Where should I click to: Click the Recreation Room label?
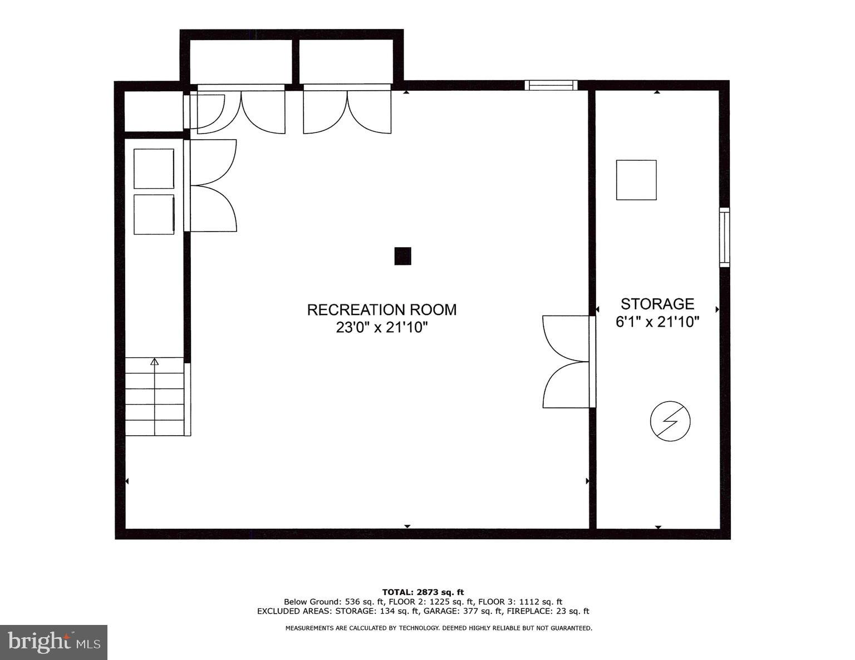point(381,310)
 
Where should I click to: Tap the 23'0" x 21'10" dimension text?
point(381,328)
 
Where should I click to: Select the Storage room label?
point(657,304)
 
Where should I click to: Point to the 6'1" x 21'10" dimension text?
point(657,322)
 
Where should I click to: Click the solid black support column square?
point(402,256)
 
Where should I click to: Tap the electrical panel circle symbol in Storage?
point(670,421)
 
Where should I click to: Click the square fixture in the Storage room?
point(636,180)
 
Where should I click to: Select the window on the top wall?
point(551,85)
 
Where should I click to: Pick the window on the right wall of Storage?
point(724,237)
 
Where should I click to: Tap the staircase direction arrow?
point(155,362)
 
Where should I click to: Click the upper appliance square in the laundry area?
point(154,169)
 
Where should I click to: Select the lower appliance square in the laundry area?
point(154,214)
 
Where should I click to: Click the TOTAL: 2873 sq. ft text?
point(422,592)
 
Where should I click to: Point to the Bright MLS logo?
point(53,642)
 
